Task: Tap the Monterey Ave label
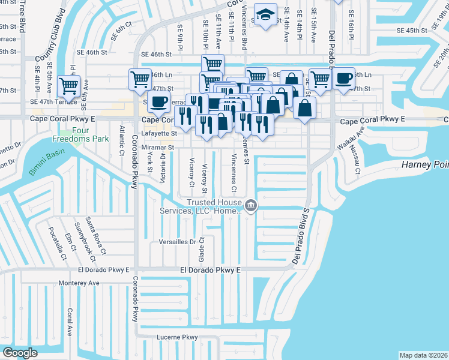point(79,283)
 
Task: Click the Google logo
point(20,352)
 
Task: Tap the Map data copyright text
point(423,355)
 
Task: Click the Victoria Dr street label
point(163,166)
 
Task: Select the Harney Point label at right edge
point(425,165)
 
